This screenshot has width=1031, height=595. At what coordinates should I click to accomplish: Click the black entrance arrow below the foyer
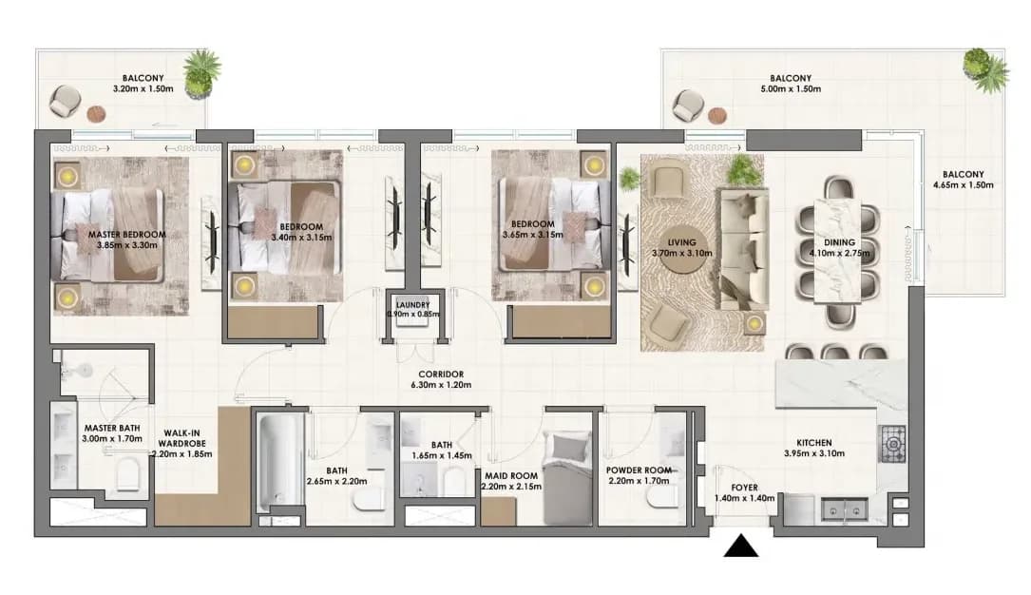741,546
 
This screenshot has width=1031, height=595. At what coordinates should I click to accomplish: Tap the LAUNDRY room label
413,305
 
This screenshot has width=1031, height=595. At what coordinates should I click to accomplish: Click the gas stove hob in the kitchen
893,443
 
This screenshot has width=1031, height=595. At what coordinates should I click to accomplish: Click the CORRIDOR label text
441,374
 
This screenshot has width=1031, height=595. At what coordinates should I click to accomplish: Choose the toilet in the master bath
127,475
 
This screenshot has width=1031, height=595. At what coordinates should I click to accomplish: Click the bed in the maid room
569,478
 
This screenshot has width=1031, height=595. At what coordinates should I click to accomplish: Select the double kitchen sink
844,509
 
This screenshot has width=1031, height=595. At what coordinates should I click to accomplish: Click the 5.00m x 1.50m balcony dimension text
791,88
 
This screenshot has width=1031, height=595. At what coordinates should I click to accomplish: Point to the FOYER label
744,488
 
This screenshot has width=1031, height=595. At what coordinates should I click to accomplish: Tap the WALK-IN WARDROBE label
182,438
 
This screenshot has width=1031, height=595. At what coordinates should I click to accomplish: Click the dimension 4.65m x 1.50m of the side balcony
964,184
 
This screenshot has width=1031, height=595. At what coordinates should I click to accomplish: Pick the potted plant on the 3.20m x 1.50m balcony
200,73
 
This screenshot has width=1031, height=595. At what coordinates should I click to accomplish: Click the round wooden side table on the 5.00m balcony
718,116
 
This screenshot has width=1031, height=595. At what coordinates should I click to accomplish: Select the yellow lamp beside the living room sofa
754,323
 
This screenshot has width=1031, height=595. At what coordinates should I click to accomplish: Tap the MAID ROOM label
511,475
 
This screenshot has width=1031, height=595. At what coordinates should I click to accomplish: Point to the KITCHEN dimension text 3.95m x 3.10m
814,453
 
